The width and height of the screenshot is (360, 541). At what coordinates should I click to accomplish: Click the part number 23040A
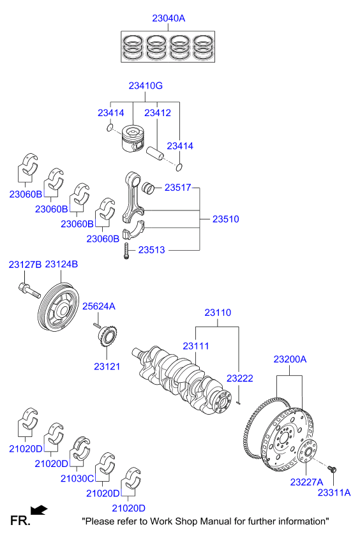pos(169,19)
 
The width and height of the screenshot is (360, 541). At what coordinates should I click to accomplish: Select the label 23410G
pos(146,85)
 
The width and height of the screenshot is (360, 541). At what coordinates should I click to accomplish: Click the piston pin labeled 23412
pos(155,155)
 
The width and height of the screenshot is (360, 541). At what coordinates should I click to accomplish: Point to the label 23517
pos(178,188)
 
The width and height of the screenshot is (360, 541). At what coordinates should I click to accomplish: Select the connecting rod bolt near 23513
pos(127,251)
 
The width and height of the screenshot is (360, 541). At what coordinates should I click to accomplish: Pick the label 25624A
pos(100,306)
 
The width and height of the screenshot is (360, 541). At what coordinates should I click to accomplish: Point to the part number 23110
pos(217,313)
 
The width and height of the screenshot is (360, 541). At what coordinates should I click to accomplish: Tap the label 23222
pos(240,378)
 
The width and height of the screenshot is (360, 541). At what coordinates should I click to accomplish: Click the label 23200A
pos(290,360)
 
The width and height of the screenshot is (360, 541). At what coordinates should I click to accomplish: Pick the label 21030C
pos(77,478)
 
